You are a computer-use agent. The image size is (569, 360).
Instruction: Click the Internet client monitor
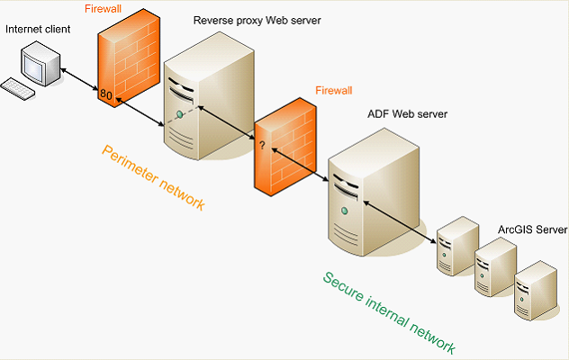pos(41,64)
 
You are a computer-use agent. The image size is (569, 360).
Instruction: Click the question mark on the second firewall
pos(262,145)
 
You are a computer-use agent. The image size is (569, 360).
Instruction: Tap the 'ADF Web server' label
pos(407,114)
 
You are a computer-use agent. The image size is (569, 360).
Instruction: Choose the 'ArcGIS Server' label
pos(533,230)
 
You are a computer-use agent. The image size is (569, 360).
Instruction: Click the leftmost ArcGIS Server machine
pos(456,245)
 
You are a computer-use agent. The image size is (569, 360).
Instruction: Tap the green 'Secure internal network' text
pos(389,312)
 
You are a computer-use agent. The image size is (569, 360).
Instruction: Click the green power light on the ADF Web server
pos(344,210)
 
